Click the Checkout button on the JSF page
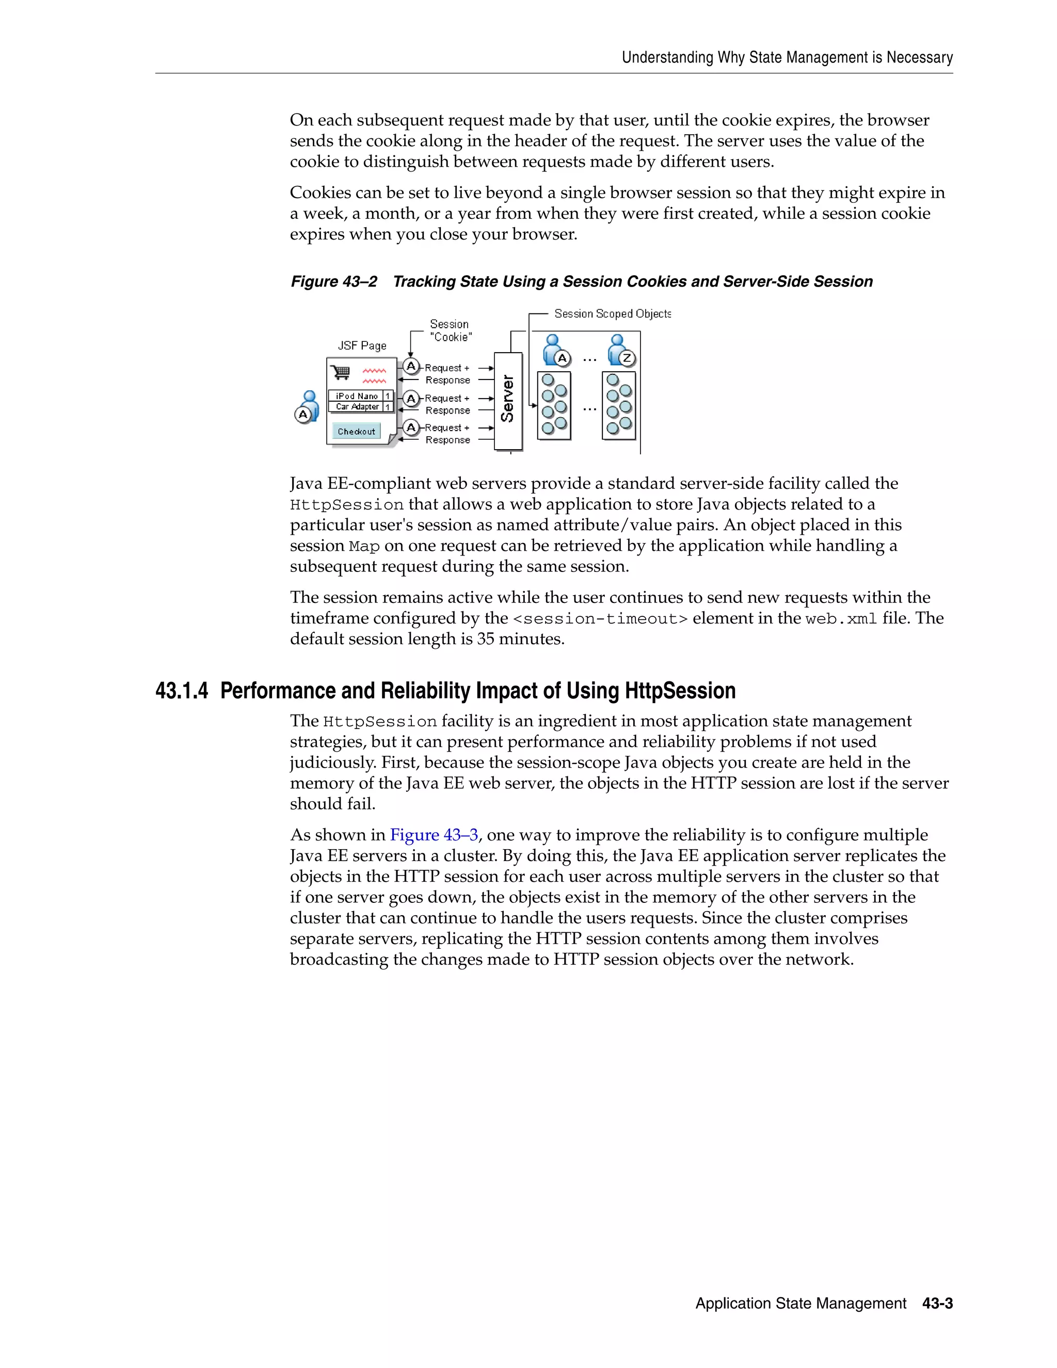(356, 431)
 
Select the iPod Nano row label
(356, 396)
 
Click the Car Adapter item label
(357, 406)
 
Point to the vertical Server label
(508, 399)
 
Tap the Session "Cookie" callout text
(450, 331)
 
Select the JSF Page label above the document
(362, 346)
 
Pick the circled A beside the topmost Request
(411, 366)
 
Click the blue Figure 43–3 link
(434, 835)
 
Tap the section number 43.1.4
(182, 691)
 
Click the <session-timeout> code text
(600, 619)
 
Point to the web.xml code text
(841, 619)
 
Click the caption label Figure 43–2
(334, 282)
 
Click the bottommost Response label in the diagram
(447, 440)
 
